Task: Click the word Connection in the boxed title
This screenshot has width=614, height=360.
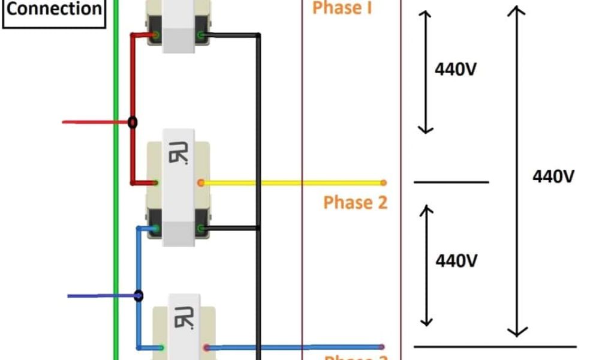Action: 53,9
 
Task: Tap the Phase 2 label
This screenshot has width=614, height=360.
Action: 356,202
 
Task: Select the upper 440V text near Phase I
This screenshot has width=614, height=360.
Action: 456,70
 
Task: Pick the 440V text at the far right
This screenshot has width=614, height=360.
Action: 553,176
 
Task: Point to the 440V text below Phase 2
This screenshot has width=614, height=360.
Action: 456,261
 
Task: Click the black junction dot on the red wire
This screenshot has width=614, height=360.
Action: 133,122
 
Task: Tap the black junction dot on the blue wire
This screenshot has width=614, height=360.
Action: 139,296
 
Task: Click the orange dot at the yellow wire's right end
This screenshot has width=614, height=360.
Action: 383,182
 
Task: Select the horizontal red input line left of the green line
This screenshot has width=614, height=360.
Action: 90,122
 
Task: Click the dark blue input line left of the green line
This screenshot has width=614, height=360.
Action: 96,296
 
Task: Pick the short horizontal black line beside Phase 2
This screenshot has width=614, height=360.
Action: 451,182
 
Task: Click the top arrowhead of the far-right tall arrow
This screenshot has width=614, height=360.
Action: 516,10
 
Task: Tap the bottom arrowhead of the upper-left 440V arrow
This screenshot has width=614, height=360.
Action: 425,128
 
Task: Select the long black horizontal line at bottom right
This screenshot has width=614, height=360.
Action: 495,347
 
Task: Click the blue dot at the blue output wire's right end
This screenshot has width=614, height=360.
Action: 382,347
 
